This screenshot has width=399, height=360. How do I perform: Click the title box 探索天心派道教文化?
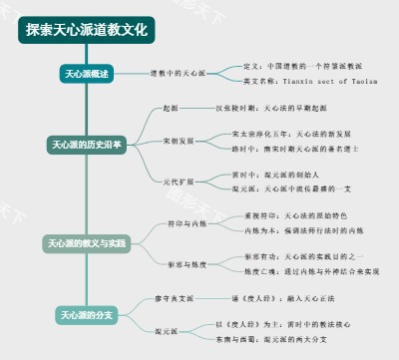86,29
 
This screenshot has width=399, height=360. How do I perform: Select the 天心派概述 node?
87,74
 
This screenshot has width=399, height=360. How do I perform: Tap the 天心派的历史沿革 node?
87,145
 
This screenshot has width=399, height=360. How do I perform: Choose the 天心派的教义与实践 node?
87,243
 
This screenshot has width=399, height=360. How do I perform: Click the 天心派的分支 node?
87,316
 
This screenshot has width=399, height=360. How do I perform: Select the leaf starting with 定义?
305,66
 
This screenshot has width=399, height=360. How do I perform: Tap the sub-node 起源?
171,106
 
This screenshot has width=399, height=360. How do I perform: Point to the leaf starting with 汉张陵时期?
270,106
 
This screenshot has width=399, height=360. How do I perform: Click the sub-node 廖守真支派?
175,297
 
